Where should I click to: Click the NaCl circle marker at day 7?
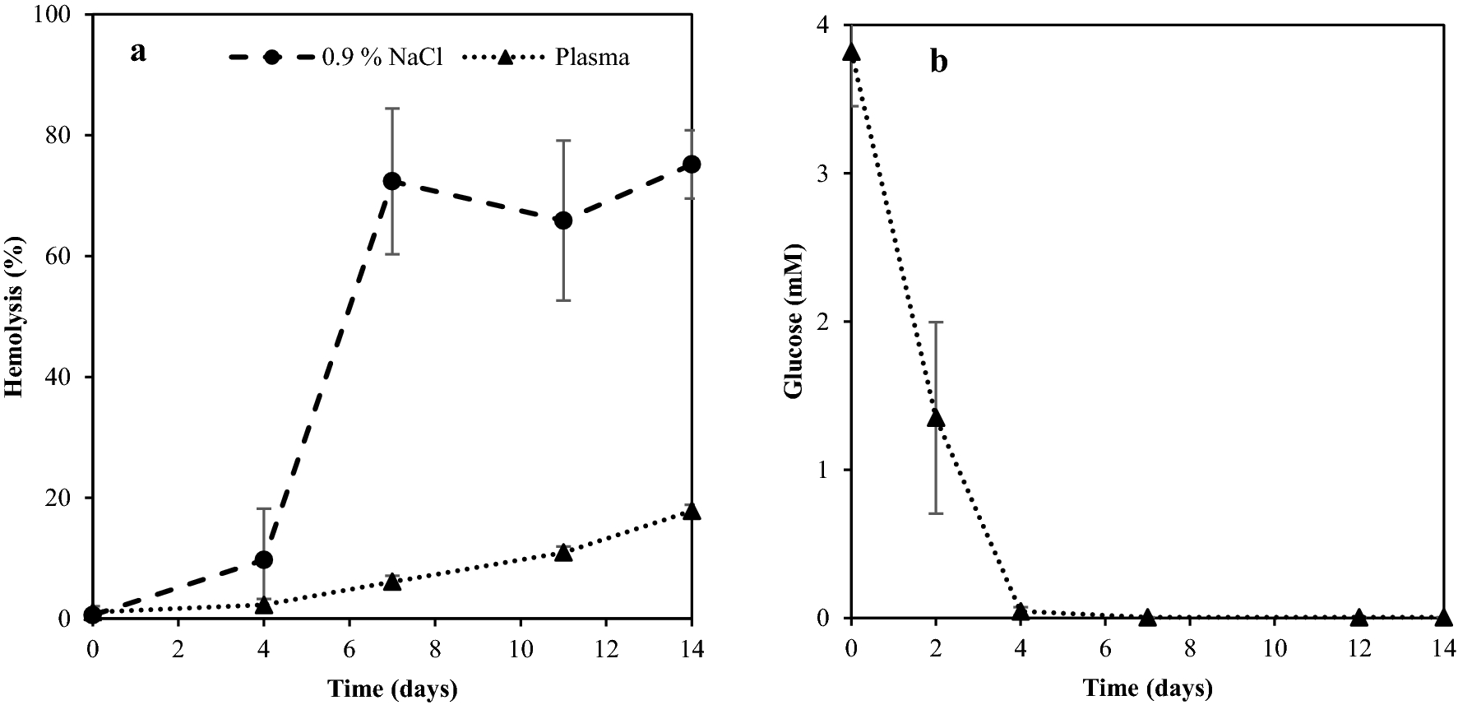coord(391,181)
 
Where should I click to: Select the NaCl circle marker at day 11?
coord(563,220)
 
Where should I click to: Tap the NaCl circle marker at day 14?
coord(692,165)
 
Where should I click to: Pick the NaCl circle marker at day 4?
coord(264,560)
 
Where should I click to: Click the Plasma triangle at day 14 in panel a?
coord(692,512)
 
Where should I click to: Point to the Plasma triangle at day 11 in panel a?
coord(563,553)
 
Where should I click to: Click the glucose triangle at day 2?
coord(936,419)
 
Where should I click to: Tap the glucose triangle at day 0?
coord(851,53)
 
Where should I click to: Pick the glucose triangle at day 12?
coord(1358,617)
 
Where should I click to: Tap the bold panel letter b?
coord(938,63)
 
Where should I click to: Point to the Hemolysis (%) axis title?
coord(14,317)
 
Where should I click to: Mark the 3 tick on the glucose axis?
coord(835,174)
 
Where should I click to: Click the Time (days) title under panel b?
coord(1147,687)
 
